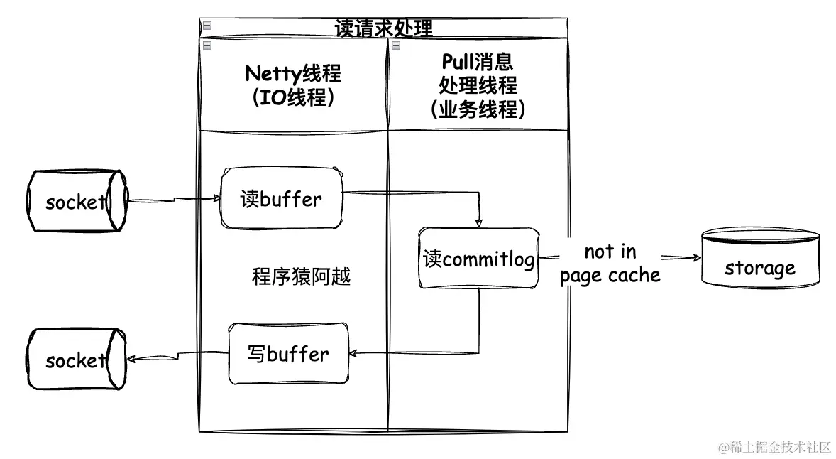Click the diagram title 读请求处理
click(383, 28)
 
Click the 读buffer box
click(281, 198)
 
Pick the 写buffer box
click(288, 353)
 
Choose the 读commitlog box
click(478, 258)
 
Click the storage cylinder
click(759, 257)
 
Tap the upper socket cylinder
click(76, 201)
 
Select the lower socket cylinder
click(76, 360)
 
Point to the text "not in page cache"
click(610, 264)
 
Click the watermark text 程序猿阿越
click(301, 276)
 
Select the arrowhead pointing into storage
click(693, 258)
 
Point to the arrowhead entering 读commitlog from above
click(478, 222)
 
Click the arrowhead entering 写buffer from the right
click(356, 353)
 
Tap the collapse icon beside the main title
click(207, 26)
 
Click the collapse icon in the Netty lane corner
click(207, 45)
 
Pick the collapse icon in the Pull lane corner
click(395, 45)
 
